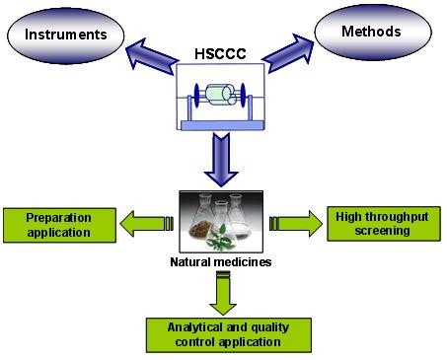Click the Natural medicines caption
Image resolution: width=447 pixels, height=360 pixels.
pyautogui.click(x=222, y=264)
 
